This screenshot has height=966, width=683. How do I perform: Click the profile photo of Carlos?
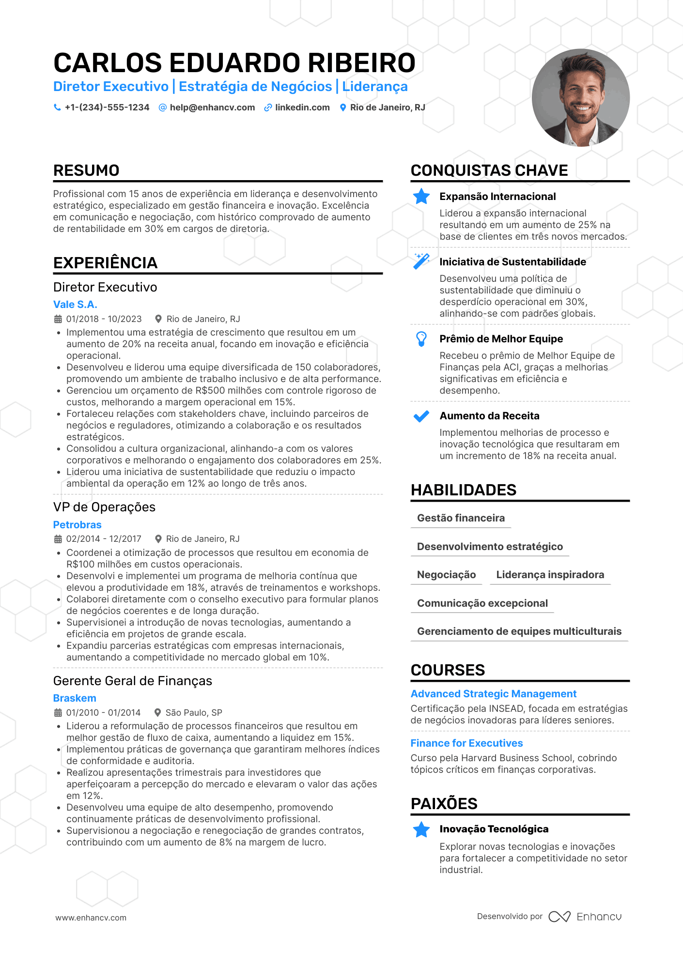point(580,97)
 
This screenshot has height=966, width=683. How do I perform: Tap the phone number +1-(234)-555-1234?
point(107,107)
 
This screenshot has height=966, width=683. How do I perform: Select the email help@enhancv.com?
point(212,107)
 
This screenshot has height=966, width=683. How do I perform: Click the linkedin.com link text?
point(302,107)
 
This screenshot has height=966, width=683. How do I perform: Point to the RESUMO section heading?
point(86,170)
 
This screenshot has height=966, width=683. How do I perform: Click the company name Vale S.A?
point(75,305)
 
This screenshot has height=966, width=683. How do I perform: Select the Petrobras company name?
point(78,525)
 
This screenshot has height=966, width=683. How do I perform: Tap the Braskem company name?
point(75,698)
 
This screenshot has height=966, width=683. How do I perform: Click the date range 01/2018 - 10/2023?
point(104,319)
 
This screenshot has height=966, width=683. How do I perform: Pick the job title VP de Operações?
point(104,507)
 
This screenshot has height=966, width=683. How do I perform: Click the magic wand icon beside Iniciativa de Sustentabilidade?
point(421,261)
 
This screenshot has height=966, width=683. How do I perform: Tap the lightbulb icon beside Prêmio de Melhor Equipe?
point(421,338)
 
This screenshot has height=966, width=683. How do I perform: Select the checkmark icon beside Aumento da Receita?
point(421,416)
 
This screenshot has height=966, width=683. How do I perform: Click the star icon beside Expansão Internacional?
point(421,196)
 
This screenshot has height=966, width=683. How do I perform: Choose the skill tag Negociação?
point(446,575)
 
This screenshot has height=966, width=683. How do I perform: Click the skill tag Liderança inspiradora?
point(550,575)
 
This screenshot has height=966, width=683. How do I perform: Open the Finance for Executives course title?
point(466,743)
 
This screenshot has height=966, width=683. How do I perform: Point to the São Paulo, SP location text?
point(194,713)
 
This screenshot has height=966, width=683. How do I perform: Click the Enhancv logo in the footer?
point(585,917)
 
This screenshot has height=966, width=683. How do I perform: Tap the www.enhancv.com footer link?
point(91,918)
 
